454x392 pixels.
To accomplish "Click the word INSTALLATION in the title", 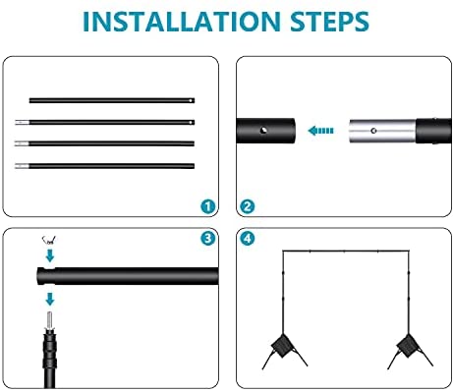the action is pos(181,22).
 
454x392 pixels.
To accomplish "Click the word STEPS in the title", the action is pos(329,22).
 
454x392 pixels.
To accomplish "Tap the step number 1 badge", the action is pos(208,206).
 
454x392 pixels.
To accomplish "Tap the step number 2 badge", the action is pos(248,206).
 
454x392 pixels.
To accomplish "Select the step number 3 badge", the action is pos(208,238).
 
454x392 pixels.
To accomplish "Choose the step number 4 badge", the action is pos(248,238).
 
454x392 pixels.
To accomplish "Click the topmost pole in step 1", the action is pos(112,100).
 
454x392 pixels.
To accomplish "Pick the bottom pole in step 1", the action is pos(104,166).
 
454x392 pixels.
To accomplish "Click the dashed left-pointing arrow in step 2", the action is pos(320,131).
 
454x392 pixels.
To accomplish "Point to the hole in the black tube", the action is pos(263,131).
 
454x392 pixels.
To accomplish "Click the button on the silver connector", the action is pos(373,131).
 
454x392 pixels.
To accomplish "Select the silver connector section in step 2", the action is pos(382,131).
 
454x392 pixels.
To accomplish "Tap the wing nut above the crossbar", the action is pos(49,241).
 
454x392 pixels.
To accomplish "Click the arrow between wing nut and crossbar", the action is pos(50,255).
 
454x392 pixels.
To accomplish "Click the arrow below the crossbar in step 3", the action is pos(50,299).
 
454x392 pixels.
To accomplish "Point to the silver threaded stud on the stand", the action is pos(50,320).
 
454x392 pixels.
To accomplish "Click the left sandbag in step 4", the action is pos(282,347).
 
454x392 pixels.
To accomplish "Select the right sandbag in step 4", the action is pos(407,347).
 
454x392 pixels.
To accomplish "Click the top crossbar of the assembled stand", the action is pos(346,252).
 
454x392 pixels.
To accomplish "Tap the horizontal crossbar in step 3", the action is pos(128,276).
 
